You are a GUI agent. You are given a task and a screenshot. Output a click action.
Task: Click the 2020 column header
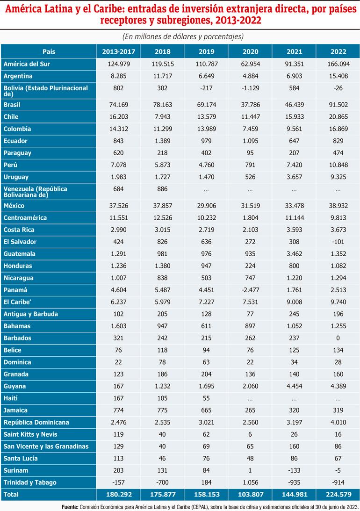(x=250, y=51)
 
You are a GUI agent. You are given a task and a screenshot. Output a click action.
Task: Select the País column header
(x=49, y=51)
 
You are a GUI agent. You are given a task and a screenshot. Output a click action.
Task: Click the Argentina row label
(x=17, y=76)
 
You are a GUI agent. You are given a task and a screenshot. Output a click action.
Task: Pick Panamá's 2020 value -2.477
(x=250, y=290)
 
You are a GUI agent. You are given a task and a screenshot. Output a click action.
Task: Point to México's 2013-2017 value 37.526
(x=118, y=206)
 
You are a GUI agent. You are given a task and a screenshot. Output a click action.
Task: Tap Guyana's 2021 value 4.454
(x=294, y=386)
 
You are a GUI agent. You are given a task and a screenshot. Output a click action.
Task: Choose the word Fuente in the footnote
(x=72, y=506)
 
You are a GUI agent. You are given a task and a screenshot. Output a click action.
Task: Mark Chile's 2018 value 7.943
(x=162, y=117)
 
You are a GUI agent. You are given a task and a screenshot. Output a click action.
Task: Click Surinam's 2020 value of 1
(x=250, y=470)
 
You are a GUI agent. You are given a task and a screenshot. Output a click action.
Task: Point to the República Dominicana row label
(x=36, y=422)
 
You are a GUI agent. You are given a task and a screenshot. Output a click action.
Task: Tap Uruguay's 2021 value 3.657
(x=294, y=177)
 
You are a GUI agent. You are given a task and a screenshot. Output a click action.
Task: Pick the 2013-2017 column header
(x=118, y=51)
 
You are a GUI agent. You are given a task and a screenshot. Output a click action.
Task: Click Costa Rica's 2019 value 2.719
(x=206, y=230)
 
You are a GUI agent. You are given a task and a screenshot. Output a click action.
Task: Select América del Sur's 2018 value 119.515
(x=162, y=64)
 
